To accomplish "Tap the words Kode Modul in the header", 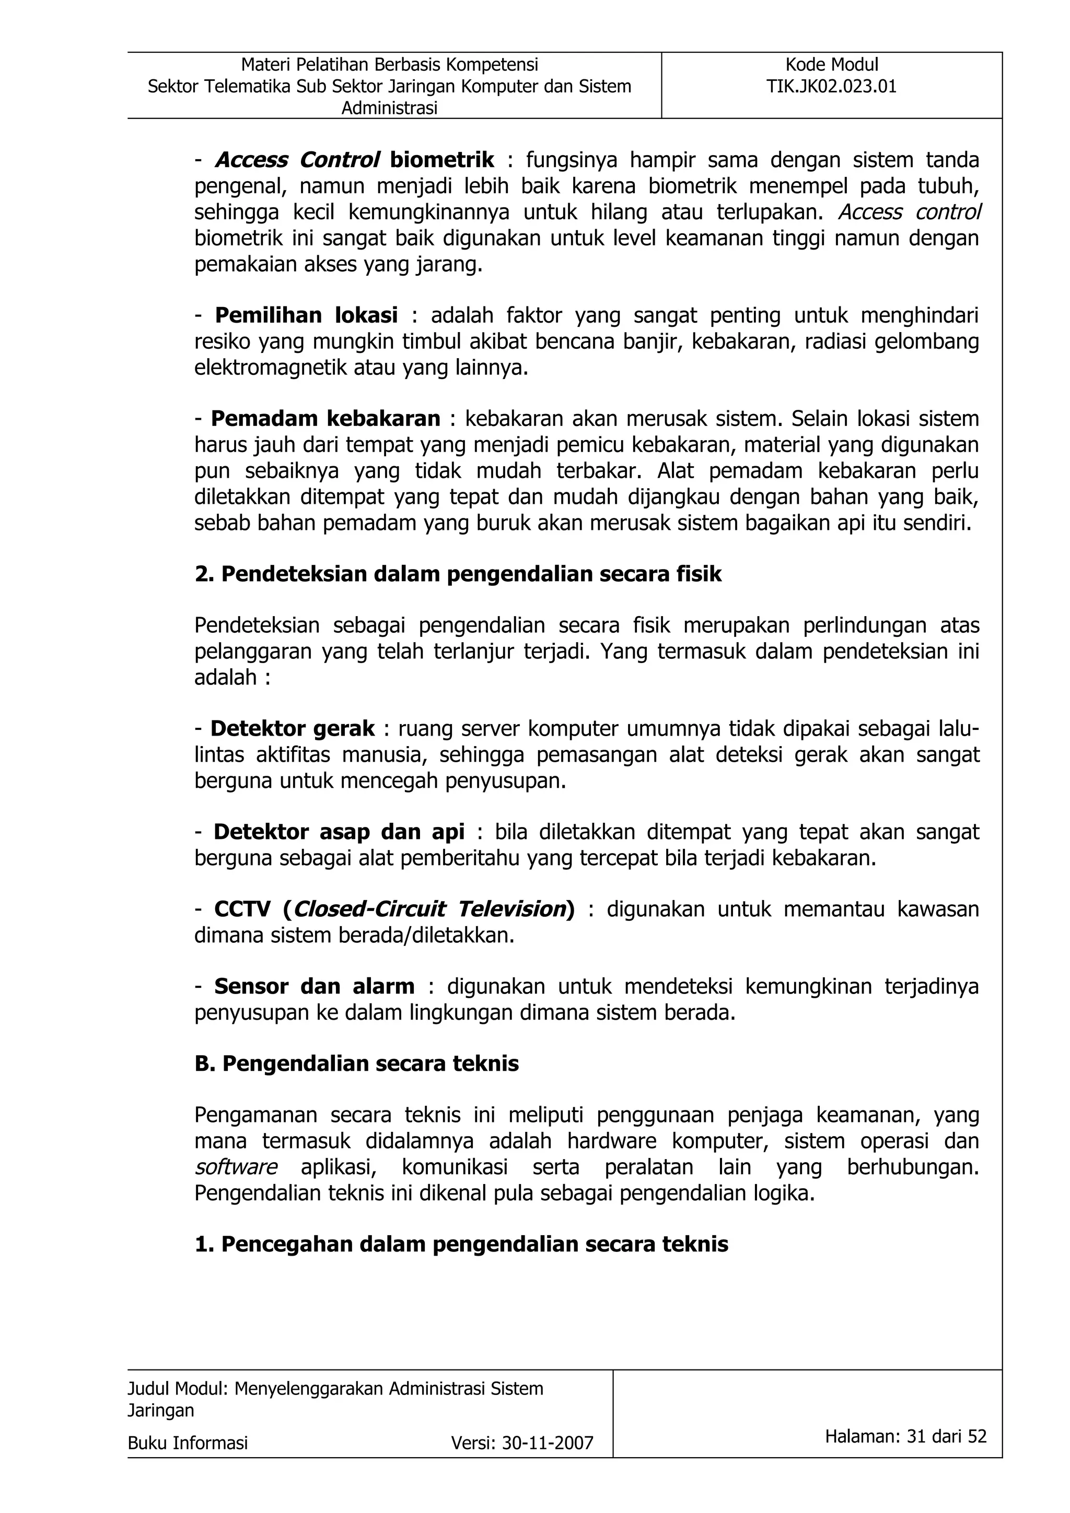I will pyautogui.click(x=831, y=65).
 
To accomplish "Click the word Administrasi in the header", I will pyautogui.click(x=389, y=109).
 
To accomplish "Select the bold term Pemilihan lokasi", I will pyautogui.click(x=307, y=316).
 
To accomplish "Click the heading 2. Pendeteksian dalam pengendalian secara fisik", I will pyautogui.click(x=458, y=574).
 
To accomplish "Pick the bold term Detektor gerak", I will pyautogui.click(x=292, y=729).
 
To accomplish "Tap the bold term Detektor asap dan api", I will pyautogui.click(x=339, y=832).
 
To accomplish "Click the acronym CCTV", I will pyautogui.click(x=242, y=909).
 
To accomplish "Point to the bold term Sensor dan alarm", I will pyautogui.click(x=315, y=987).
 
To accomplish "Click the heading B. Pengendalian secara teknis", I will pyautogui.click(x=357, y=1063).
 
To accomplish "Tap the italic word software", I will pyautogui.click(x=235, y=1167).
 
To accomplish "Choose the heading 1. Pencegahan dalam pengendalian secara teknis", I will pyautogui.click(x=461, y=1244).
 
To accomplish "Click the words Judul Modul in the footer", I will pyautogui.click(x=177, y=1388).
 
